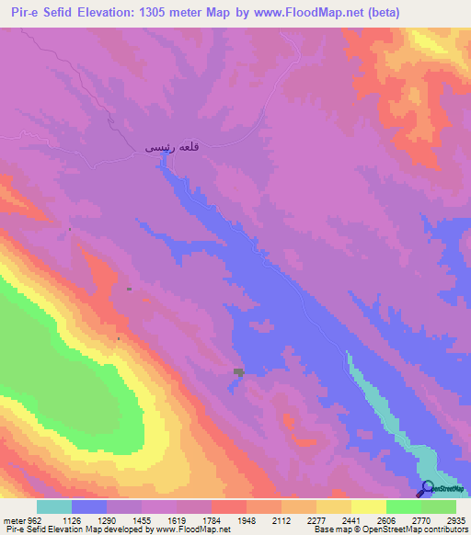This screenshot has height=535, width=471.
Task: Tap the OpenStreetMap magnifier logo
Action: click(x=427, y=488)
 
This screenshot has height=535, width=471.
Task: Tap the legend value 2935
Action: click(x=456, y=518)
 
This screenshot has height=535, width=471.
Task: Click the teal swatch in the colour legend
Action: click(x=54, y=507)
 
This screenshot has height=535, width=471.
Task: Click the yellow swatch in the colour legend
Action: click(x=369, y=507)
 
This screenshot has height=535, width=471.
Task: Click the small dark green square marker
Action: click(x=239, y=371)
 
